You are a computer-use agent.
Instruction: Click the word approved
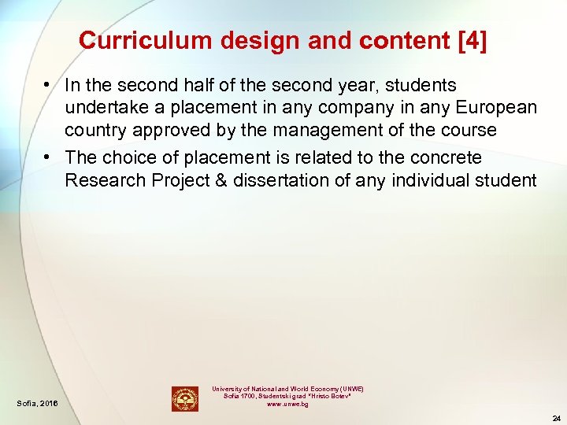[x=168, y=130]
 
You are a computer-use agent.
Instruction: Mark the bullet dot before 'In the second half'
[x=49, y=85]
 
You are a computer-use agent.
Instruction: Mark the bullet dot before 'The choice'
[x=49, y=157]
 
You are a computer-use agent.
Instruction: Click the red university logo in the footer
[x=185, y=398]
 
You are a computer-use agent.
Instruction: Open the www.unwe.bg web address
[x=287, y=404]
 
